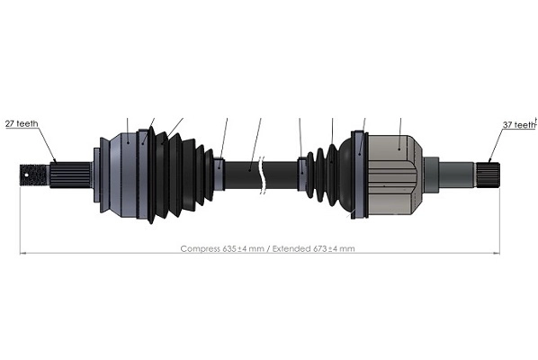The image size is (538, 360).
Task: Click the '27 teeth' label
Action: point(22,124)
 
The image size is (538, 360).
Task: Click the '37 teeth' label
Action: point(518,126)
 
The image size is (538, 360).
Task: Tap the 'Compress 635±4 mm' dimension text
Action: point(220,248)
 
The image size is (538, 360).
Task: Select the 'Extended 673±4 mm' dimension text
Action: point(315,248)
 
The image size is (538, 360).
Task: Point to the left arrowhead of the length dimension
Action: point(23,253)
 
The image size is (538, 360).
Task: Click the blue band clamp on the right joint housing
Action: point(360,175)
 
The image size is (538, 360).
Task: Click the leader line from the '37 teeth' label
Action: point(494,144)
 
